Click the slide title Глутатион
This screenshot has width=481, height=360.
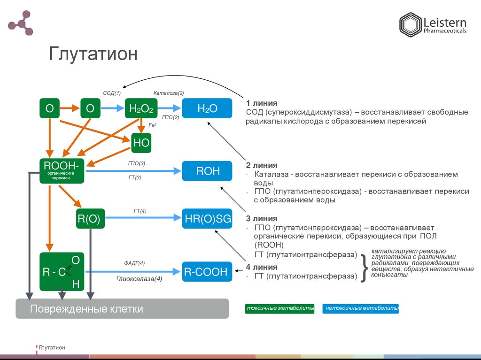click(93, 54)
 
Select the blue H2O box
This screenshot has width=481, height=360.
click(207, 109)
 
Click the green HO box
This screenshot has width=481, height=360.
click(141, 143)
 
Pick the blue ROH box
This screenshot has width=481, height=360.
click(208, 171)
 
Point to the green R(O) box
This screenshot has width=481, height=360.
click(88, 219)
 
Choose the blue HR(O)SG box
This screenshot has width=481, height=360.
click(207, 219)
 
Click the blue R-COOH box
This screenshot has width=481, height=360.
click(207, 272)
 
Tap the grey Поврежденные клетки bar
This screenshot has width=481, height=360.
click(122, 308)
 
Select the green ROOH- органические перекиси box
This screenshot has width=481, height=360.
click(62, 171)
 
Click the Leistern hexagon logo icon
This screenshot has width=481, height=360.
click(410, 25)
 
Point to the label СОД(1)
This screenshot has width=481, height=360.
click(112, 93)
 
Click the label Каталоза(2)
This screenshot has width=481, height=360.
click(168, 93)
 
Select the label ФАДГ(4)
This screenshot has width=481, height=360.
click(134, 263)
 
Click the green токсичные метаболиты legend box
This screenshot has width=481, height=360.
click(279, 308)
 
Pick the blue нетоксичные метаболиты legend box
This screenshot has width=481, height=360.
click(360, 308)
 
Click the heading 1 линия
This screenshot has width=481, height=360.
click(261, 103)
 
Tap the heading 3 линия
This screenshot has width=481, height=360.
click(261, 219)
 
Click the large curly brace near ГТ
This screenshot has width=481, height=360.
click(364, 268)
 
